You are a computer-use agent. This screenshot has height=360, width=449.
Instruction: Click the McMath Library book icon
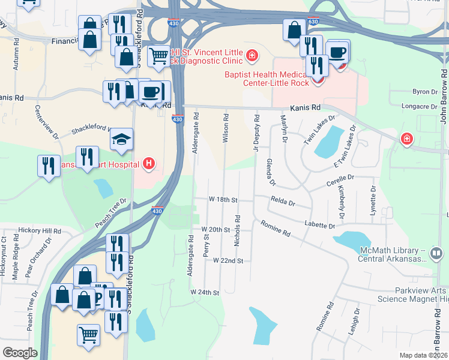(437, 254)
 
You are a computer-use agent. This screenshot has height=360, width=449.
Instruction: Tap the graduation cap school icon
(121, 140)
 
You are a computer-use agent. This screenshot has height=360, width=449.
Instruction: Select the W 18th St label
(223, 199)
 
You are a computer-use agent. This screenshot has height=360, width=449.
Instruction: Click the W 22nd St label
(228, 261)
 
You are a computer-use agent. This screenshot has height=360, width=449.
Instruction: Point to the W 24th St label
(205, 292)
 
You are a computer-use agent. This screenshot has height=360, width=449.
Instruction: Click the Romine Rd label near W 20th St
(276, 228)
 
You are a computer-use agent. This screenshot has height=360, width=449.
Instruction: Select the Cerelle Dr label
(341, 178)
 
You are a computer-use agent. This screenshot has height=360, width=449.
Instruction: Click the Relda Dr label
(283, 203)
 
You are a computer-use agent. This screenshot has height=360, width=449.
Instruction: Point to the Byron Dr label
(425, 92)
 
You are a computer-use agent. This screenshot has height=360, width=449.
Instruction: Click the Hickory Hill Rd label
(40, 231)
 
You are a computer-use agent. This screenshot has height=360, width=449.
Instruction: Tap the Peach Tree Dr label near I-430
(112, 213)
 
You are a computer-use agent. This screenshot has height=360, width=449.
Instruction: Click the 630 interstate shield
(312, 22)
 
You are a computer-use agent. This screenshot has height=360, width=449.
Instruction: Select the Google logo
(20, 353)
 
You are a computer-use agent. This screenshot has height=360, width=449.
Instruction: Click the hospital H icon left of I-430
(148, 163)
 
